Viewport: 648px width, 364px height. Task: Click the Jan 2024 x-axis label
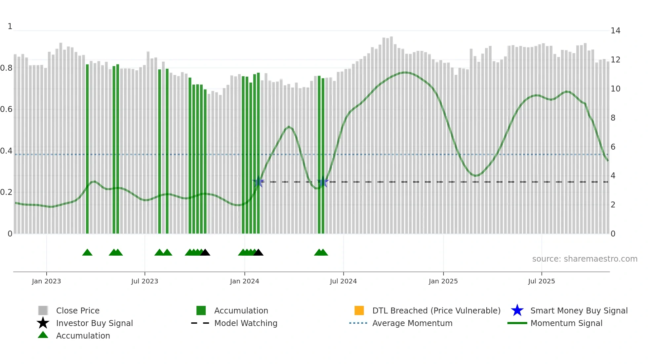click(x=244, y=281)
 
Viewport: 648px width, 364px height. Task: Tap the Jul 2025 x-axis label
click(x=541, y=281)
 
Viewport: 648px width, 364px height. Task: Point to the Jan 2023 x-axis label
click(x=46, y=281)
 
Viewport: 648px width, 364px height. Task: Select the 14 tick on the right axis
click(x=615, y=31)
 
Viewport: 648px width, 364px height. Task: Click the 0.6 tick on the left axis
click(x=6, y=109)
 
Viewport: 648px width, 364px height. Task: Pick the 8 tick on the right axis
click(x=613, y=118)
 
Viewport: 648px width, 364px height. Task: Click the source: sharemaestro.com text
click(x=585, y=259)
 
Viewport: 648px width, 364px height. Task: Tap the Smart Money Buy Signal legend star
click(x=517, y=310)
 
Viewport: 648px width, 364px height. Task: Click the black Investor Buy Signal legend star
click(x=43, y=323)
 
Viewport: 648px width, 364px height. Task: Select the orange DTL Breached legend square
click(x=359, y=310)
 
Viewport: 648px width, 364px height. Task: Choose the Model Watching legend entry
click(x=246, y=323)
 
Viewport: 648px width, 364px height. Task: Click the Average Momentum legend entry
click(x=412, y=323)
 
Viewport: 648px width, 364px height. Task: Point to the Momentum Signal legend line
click(x=517, y=323)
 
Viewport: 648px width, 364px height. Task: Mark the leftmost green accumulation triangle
click(x=87, y=253)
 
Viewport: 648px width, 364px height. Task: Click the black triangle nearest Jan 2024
click(x=258, y=253)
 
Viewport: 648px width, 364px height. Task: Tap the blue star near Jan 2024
click(x=258, y=182)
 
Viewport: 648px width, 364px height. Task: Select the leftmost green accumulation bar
click(x=87, y=149)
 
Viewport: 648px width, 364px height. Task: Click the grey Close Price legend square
click(x=43, y=310)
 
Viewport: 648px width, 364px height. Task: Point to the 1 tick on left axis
click(x=10, y=26)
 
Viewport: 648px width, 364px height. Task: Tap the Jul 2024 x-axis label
click(x=343, y=281)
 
